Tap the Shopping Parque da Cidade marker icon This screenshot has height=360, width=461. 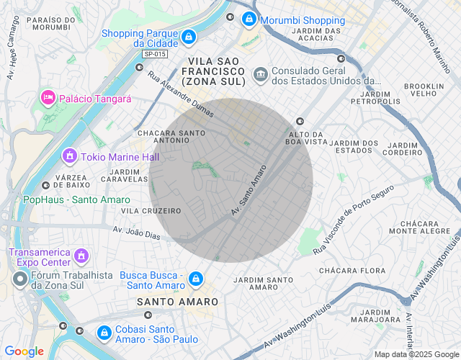tap(188, 36)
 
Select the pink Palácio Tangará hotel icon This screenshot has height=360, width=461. tap(48, 97)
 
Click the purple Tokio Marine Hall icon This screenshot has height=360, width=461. tap(70, 156)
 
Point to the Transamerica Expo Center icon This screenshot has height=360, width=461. tap(81, 256)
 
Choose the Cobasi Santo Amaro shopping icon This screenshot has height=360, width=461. tap(101, 332)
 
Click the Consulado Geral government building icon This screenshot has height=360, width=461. tap(260, 73)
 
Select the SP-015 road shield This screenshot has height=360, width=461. tap(153, 54)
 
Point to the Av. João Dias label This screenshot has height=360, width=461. tap(135, 233)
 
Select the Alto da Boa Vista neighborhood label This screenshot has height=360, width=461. tap(307, 138)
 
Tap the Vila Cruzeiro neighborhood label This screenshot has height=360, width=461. tap(151, 211)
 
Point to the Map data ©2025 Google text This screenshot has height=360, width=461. tap(416, 354)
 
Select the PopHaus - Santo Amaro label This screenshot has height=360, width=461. tap(76, 199)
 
